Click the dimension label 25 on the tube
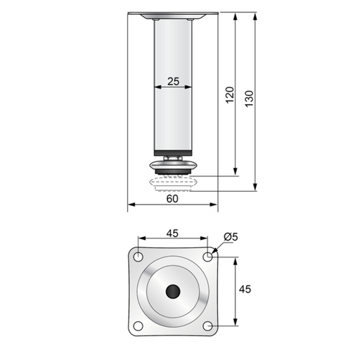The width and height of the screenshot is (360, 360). tap(172, 81)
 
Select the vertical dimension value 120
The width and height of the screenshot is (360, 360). tap(230, 95)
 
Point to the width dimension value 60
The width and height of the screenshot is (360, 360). tap(172, 199)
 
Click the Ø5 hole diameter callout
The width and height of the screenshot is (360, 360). tap(230, 236)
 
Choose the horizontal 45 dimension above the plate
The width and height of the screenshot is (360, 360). tap(172, 233)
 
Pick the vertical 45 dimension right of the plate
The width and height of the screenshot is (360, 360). tap(245, 289)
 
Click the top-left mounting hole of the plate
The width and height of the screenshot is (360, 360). tap(138, 257)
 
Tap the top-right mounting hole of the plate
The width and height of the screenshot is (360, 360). tap(208, 257)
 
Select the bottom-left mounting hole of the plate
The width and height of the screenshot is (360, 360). tap(138, 326)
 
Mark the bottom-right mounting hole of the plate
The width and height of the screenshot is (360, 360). tap(208, 326)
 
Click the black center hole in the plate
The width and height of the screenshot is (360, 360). tap(173, 291)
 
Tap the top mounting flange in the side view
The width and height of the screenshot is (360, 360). tap(173, 15)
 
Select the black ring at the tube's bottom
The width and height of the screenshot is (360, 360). tap(173, 152)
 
